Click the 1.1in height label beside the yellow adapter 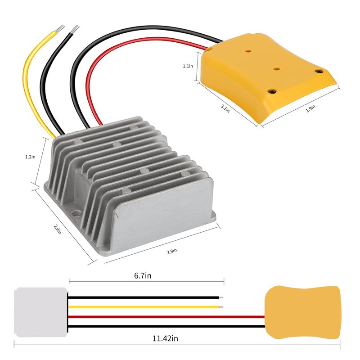pos(188,66)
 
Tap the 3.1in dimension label pos(225,108)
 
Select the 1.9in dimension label pos(310,108)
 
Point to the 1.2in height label pos(30,157)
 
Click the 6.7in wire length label pos(143,275)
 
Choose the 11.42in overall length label pos(165,338)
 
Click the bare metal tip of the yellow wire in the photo pos(60,28)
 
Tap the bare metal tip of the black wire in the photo pos(75,29)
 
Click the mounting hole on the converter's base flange pos(76,215)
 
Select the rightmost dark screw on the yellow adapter pos(319,71)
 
